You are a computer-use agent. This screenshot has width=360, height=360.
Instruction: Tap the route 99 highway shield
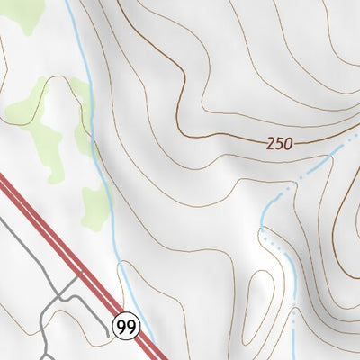pyautogui.click(x=126, y=326)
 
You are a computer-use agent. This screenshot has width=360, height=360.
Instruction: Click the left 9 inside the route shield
pyautogui.click(x=121, y=326)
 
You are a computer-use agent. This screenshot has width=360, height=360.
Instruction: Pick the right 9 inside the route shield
pyautogui.click(x=130, y=326)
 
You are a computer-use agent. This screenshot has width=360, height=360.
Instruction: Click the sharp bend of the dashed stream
pyautogui.click(x=263, y=231)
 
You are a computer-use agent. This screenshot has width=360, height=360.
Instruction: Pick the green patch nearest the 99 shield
pyautogui.click(x=94, y=207)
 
